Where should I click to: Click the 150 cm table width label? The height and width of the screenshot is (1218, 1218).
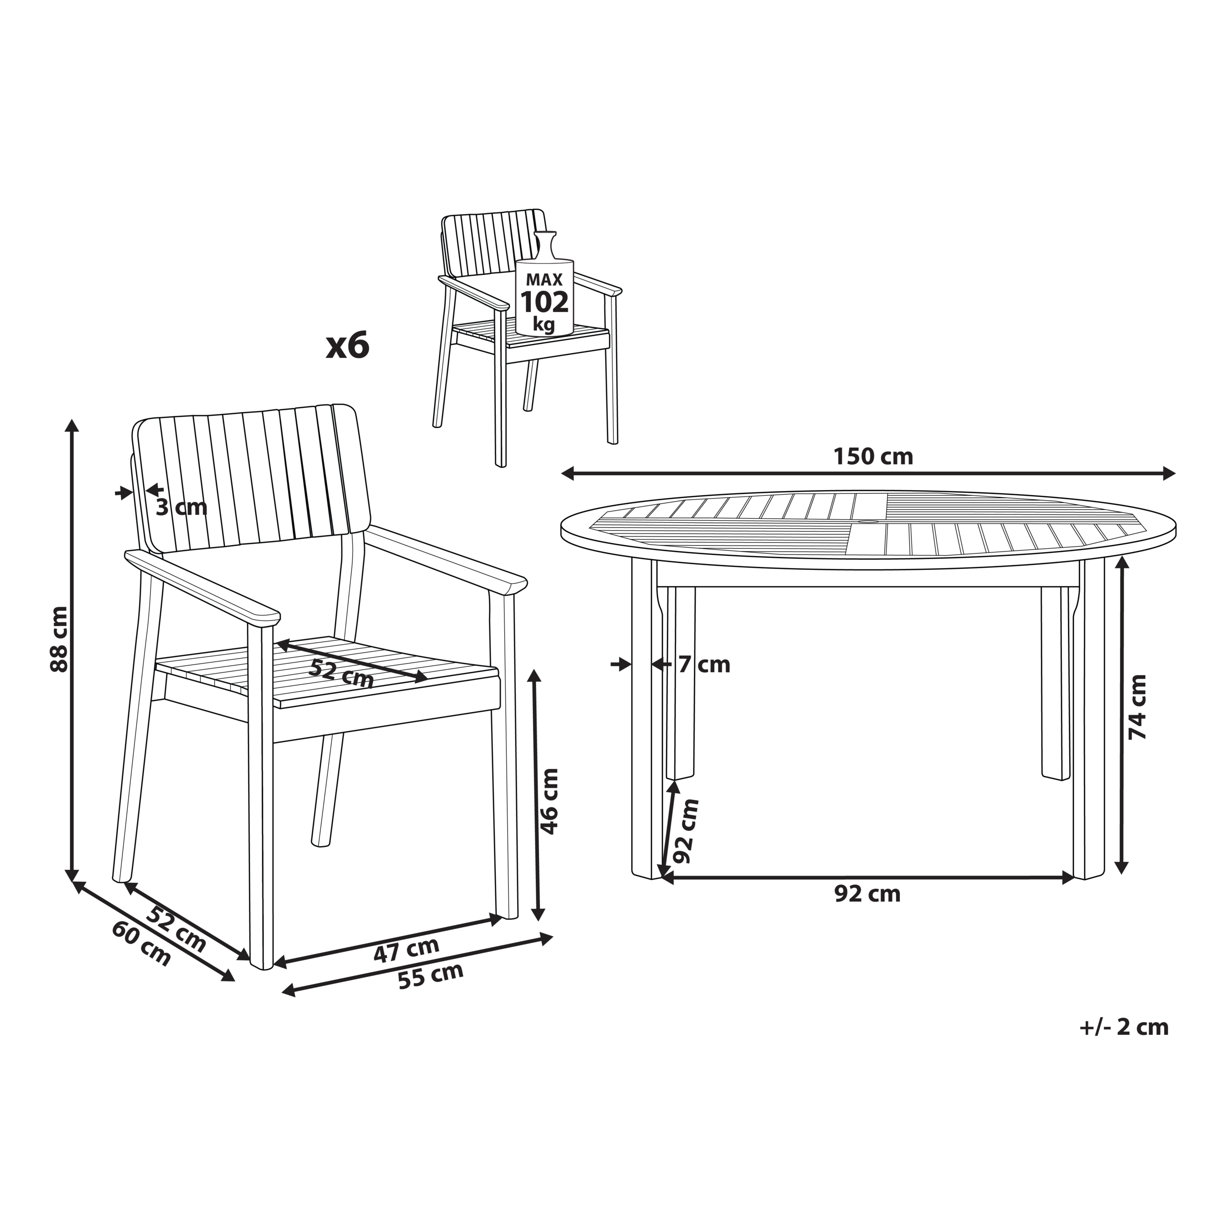pos(873,456)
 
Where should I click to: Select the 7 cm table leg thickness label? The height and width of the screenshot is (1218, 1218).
pos(704,665)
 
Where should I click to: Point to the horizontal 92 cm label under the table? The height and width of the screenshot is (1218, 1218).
pos(867,894)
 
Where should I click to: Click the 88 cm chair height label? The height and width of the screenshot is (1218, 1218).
pos(59,639)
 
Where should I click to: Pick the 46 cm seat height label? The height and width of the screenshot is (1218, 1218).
pos(550,801)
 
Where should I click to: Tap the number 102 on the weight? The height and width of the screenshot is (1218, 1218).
pos(544,303)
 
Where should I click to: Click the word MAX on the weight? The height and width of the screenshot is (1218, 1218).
pos(544,279)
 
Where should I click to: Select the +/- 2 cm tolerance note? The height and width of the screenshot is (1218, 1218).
pos(1124,1027)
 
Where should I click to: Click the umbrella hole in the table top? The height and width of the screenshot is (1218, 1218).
pos(868,522)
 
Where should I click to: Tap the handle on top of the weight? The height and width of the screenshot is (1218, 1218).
pos(545,246)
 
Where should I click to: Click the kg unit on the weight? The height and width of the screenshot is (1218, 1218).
pos(543,324)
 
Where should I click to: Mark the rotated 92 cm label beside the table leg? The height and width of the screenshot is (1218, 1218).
pos(686,831)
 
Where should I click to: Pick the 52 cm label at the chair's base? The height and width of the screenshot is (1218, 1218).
pos(176,928)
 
